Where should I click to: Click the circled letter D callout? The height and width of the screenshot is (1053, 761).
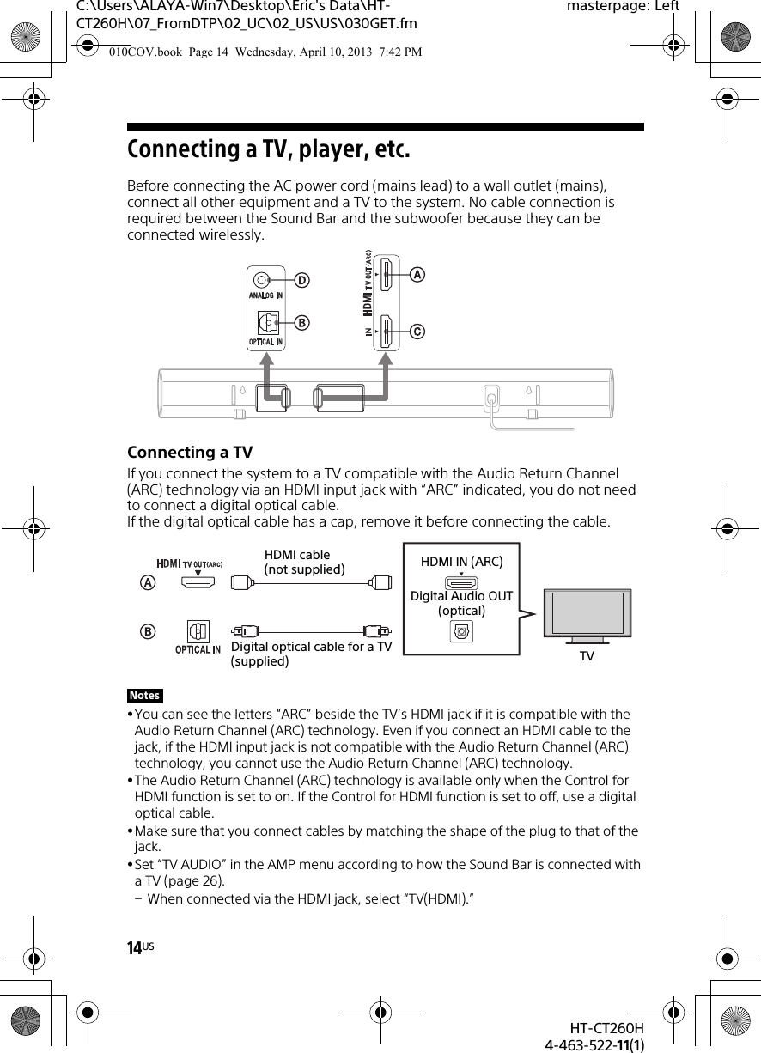pyautogui.click(x=301, y=280)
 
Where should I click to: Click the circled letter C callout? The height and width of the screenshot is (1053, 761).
pyautogui.click(x=417, y=331)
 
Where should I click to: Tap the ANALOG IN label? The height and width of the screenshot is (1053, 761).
pyautogui.click(x=266, y=296)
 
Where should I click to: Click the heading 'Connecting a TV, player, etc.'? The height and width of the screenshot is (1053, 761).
pyautogui.click(x=269, y=149)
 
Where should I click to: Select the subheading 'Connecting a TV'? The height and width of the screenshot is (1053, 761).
pyautogui.click(x=190, y=453)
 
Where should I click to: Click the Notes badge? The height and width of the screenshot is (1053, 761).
pyautogui.click(x=145, y=696)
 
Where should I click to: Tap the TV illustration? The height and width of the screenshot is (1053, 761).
pyautogui.click(x=587, y=614)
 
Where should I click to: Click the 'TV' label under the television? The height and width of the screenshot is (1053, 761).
pyautogui.click(x=587, y=656)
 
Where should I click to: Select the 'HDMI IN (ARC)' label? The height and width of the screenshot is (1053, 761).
pyautogui.click(x=461, y=562)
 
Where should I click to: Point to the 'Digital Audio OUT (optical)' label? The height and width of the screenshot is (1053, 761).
pyautogui.click(x=461, y=603)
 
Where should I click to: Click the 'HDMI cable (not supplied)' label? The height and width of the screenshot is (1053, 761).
pyautogui.click(x=304, y=563)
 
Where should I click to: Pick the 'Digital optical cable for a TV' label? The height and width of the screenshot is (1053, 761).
pyautogui.click(x=311, y=646)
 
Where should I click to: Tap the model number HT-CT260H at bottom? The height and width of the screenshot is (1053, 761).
pyautogui.click(x=606, y=1029)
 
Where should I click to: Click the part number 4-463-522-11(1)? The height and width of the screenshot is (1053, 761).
pyautogui.click(x=595, y=1044)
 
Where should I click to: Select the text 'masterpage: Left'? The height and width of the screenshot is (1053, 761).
pyautogui.click(x=624, y=7)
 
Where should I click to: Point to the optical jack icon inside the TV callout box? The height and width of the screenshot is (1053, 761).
pyautogui.click(x=461, y=632)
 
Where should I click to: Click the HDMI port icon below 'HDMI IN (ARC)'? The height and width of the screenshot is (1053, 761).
pyautogui.click(x=461, y=583)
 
